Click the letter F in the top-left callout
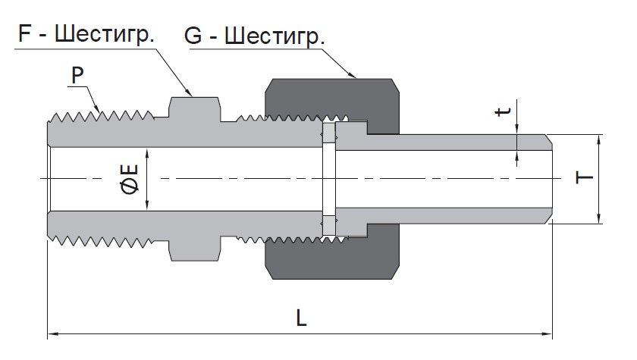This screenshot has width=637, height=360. (25, 33)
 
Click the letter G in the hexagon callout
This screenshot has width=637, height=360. (193, 36)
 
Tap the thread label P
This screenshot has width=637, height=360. (77, 75)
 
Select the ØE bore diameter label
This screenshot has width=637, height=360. (130, 179)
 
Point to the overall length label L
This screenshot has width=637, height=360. (301, 318)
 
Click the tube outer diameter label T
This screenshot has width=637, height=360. (585, 178)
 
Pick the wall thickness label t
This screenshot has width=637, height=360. (503, 111)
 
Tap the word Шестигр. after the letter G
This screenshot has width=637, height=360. (275, 36)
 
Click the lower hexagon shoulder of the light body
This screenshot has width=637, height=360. (195, 249)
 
